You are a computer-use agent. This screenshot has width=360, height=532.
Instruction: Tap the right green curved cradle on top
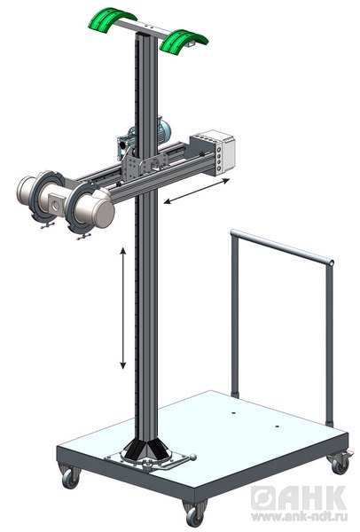point(184,41)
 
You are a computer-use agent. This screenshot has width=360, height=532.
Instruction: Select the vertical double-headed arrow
point(123,308)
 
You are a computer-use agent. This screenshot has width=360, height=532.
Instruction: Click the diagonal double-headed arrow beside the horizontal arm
point(197,191)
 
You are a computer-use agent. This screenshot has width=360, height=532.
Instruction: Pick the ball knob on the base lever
point(192,457)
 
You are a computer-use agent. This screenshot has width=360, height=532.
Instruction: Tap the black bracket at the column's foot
point(145,449)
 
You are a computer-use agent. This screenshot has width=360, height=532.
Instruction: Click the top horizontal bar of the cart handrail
point(282,247)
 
